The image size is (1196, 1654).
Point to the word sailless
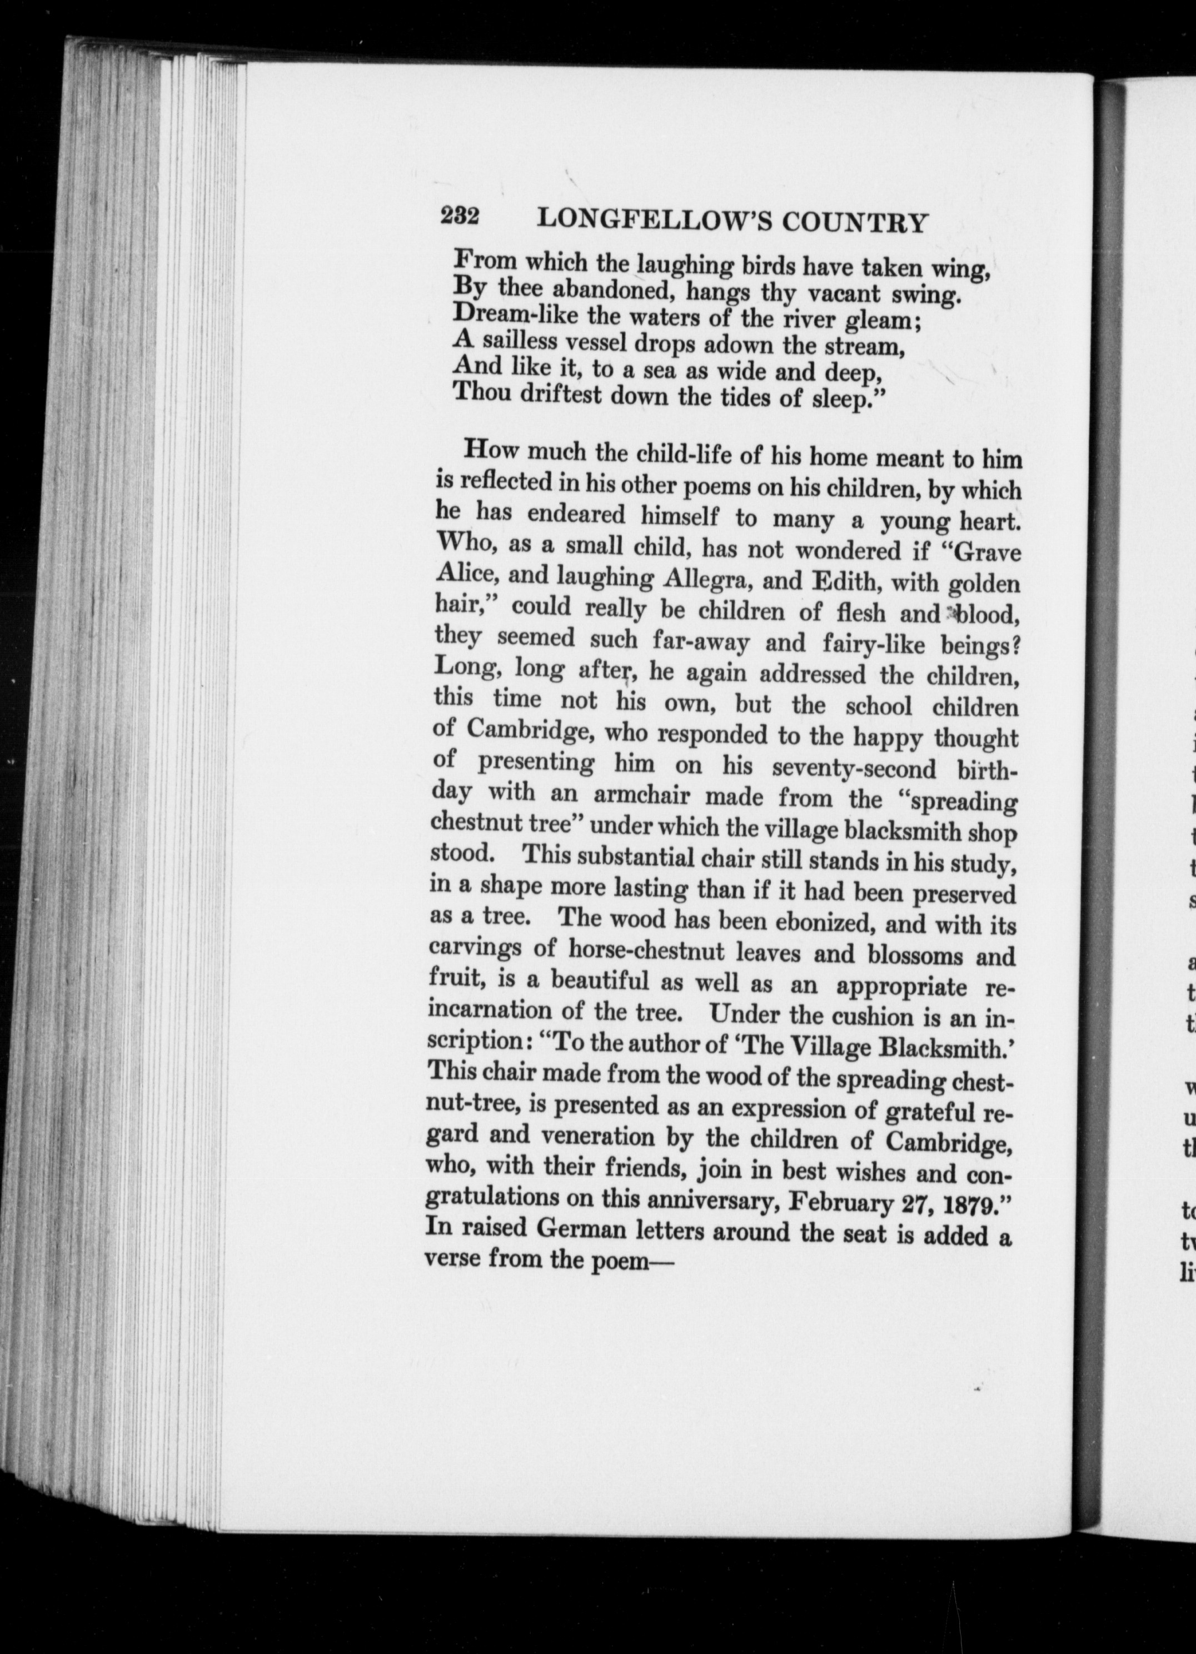pos(519,341)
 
